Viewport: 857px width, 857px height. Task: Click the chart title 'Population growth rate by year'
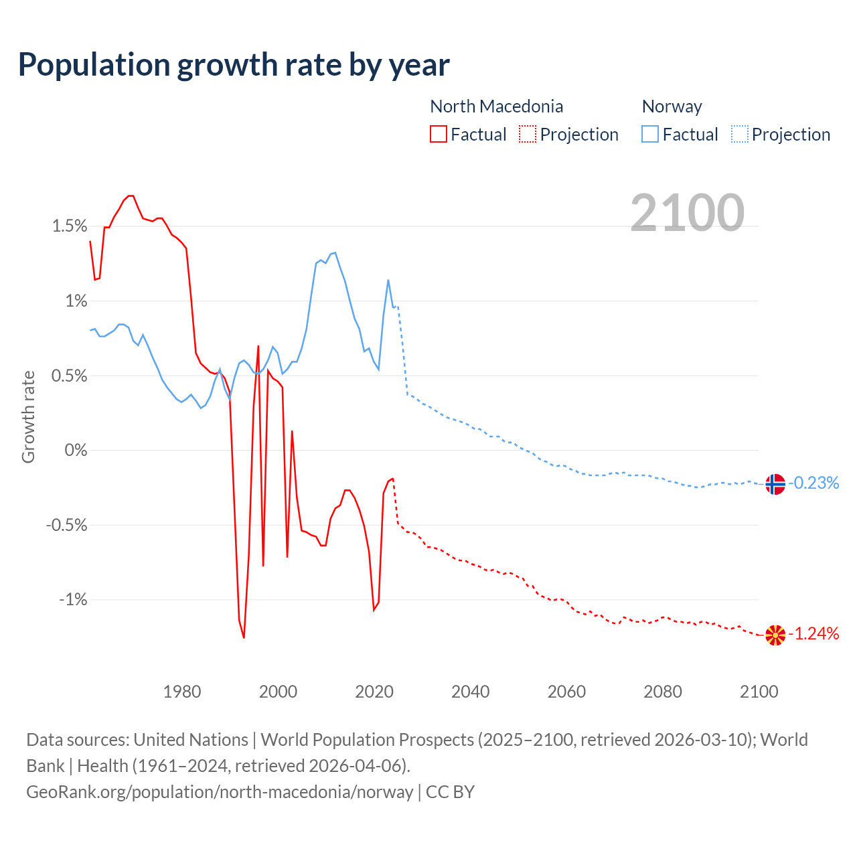[234, 65]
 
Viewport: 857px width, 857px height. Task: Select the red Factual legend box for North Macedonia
[439, 134]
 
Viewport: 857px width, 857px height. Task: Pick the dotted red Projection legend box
[528, 134]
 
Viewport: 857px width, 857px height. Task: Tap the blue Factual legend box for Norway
[650, 134]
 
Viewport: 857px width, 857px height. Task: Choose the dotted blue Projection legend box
[739, 134]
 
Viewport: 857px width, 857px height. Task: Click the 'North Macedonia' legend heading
[496, 106]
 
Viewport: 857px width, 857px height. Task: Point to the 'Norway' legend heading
[672, 106]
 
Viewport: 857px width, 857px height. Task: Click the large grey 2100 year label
[687, 213]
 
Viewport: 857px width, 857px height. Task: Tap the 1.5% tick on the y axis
[70, 226]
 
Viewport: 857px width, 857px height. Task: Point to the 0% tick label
[76, 450]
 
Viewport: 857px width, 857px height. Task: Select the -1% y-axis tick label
[73, 599]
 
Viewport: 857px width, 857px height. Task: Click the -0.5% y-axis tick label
[67, 525]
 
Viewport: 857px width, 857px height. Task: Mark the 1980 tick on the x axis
[182, 692]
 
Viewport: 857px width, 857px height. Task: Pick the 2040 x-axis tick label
[471, 692]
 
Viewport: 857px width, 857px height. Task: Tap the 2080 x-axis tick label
[663, 692]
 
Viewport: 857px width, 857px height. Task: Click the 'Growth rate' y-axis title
[28, 416]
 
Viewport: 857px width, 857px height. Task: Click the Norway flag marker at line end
[775, 483]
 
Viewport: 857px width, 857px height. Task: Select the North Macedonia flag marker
[775, 635]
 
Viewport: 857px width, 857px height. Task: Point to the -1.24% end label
[813, 633]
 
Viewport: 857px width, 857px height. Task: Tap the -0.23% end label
[813, 483]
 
